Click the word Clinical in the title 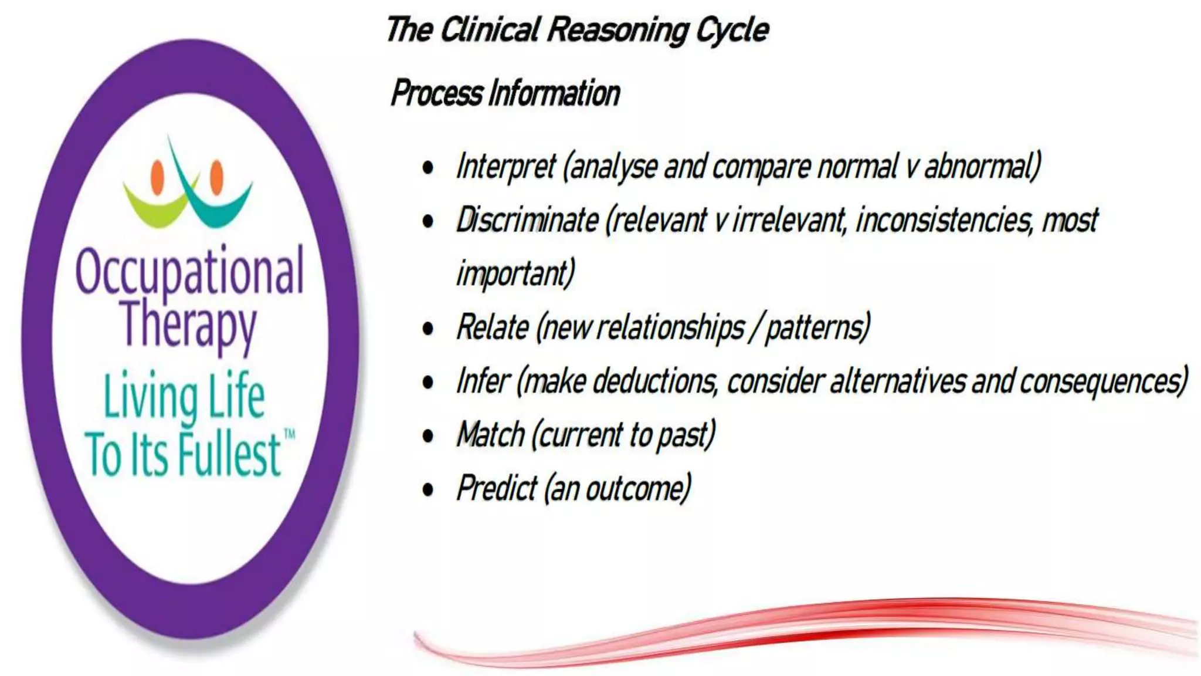point(490,30)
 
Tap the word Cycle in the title point(732,30)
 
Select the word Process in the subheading point(437,93)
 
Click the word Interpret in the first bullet point(505,167)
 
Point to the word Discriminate point(527,221)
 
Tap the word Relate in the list point(492,327)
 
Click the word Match point(490,435)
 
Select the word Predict point(497,488)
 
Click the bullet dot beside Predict point(428,489)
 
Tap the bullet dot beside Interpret point(428,168)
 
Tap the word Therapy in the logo point(189,325)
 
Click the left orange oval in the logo point(157,177)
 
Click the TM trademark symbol point(290,435)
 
